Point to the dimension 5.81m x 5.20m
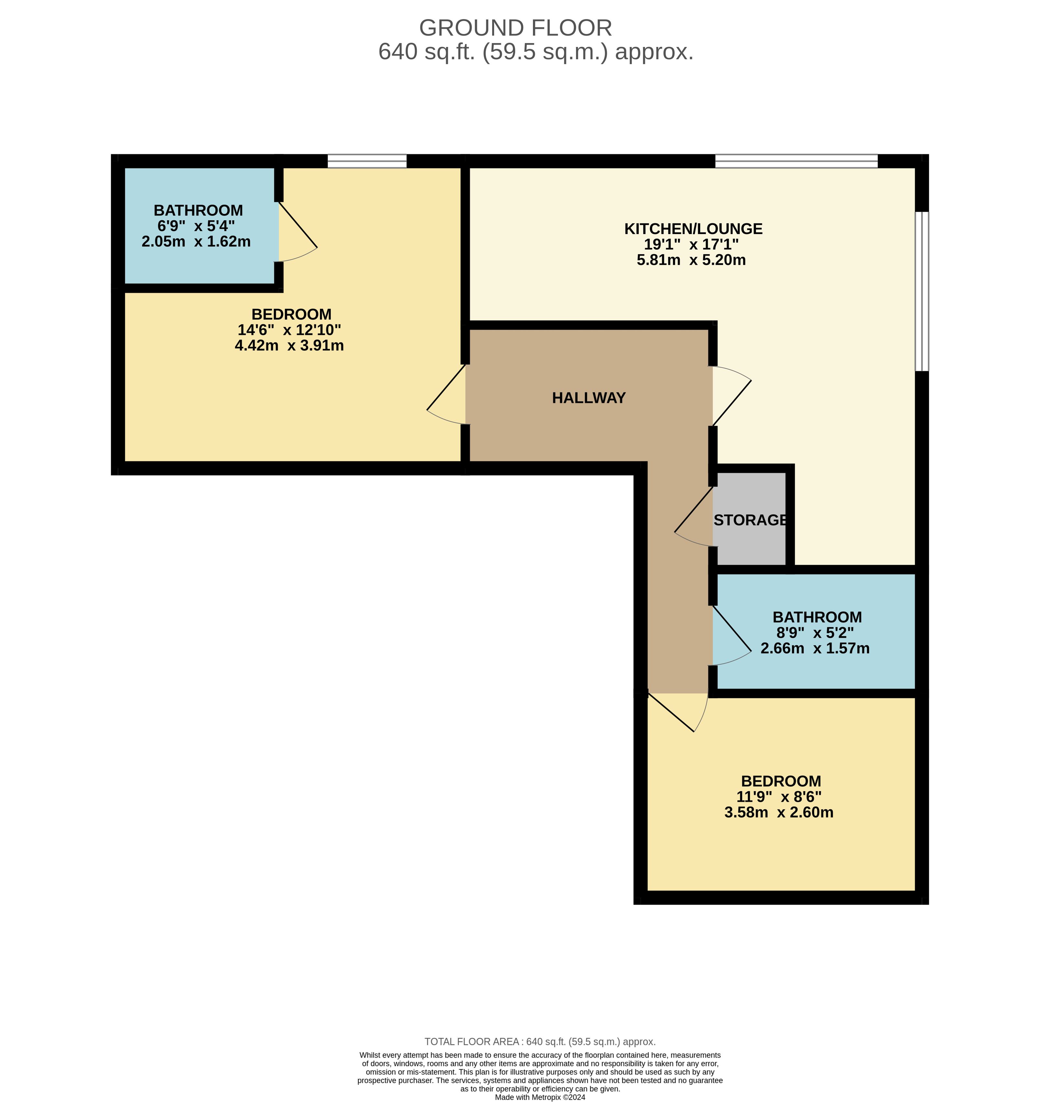click(691, 260)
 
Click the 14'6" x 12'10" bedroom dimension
click(289, 330)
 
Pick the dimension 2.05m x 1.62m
click(196, 242)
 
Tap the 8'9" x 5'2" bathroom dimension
click(815, 633)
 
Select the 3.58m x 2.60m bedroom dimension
click(779, 813)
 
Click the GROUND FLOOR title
click(515, 28)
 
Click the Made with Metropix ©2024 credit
click(540, 1097)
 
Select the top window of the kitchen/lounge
click(797, 161)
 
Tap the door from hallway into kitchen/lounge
click(732, 396)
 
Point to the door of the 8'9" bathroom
click(732, 635)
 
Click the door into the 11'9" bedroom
click(677, 712)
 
